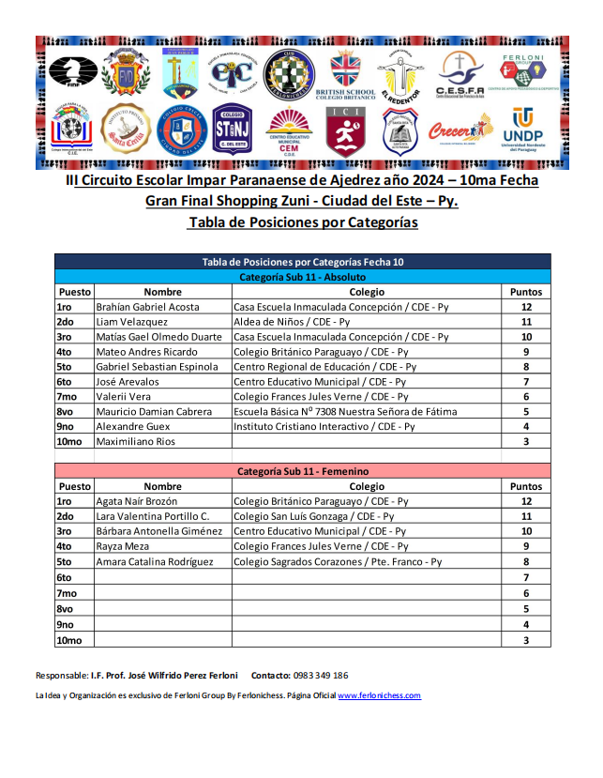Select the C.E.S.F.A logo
click(460, 75)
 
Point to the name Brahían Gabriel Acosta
click(148, 307)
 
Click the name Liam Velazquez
click(132, 322)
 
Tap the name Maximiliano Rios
click(136, 441)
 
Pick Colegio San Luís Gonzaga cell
click(313, 516)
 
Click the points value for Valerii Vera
click(526, 396)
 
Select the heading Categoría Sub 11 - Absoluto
click(302, 277)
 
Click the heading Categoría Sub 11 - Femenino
click(302, 471)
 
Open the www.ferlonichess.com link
click(379, 695)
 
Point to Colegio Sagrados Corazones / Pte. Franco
click(337, 561)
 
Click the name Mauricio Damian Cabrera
click(154, 411)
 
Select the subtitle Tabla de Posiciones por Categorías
click(302, 222)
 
